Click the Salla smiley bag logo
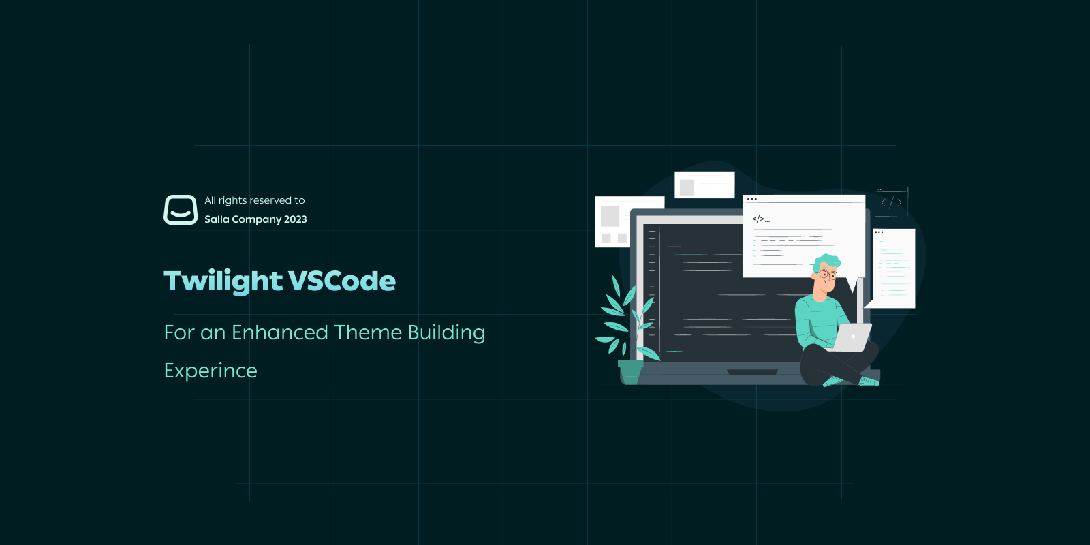(181, 210)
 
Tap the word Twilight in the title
(223, 281)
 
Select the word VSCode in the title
(342, 281)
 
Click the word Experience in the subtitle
(211, 371)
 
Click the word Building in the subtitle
(446, 332)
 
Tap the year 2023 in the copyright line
(296, 219)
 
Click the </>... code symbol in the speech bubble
(760, 219)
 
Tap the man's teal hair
(828, 261)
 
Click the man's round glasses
(827, 275)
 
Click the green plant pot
(630, 372)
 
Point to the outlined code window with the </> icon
(891, 202)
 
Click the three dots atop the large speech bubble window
(752, 200)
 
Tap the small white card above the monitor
(704, 185)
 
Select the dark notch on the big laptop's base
(752, 373)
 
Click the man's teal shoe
(869, 381)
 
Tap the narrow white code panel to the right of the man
(894, 269)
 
